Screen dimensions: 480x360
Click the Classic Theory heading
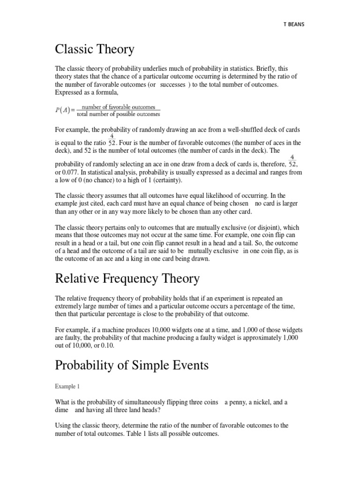[x=95, y=49]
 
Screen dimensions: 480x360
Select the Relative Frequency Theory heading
[x=127, y=278]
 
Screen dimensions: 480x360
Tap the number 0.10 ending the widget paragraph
[x=106, y=346]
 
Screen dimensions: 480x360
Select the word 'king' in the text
[x=152, y=259]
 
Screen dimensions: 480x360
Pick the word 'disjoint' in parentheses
[x=265, y=227]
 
